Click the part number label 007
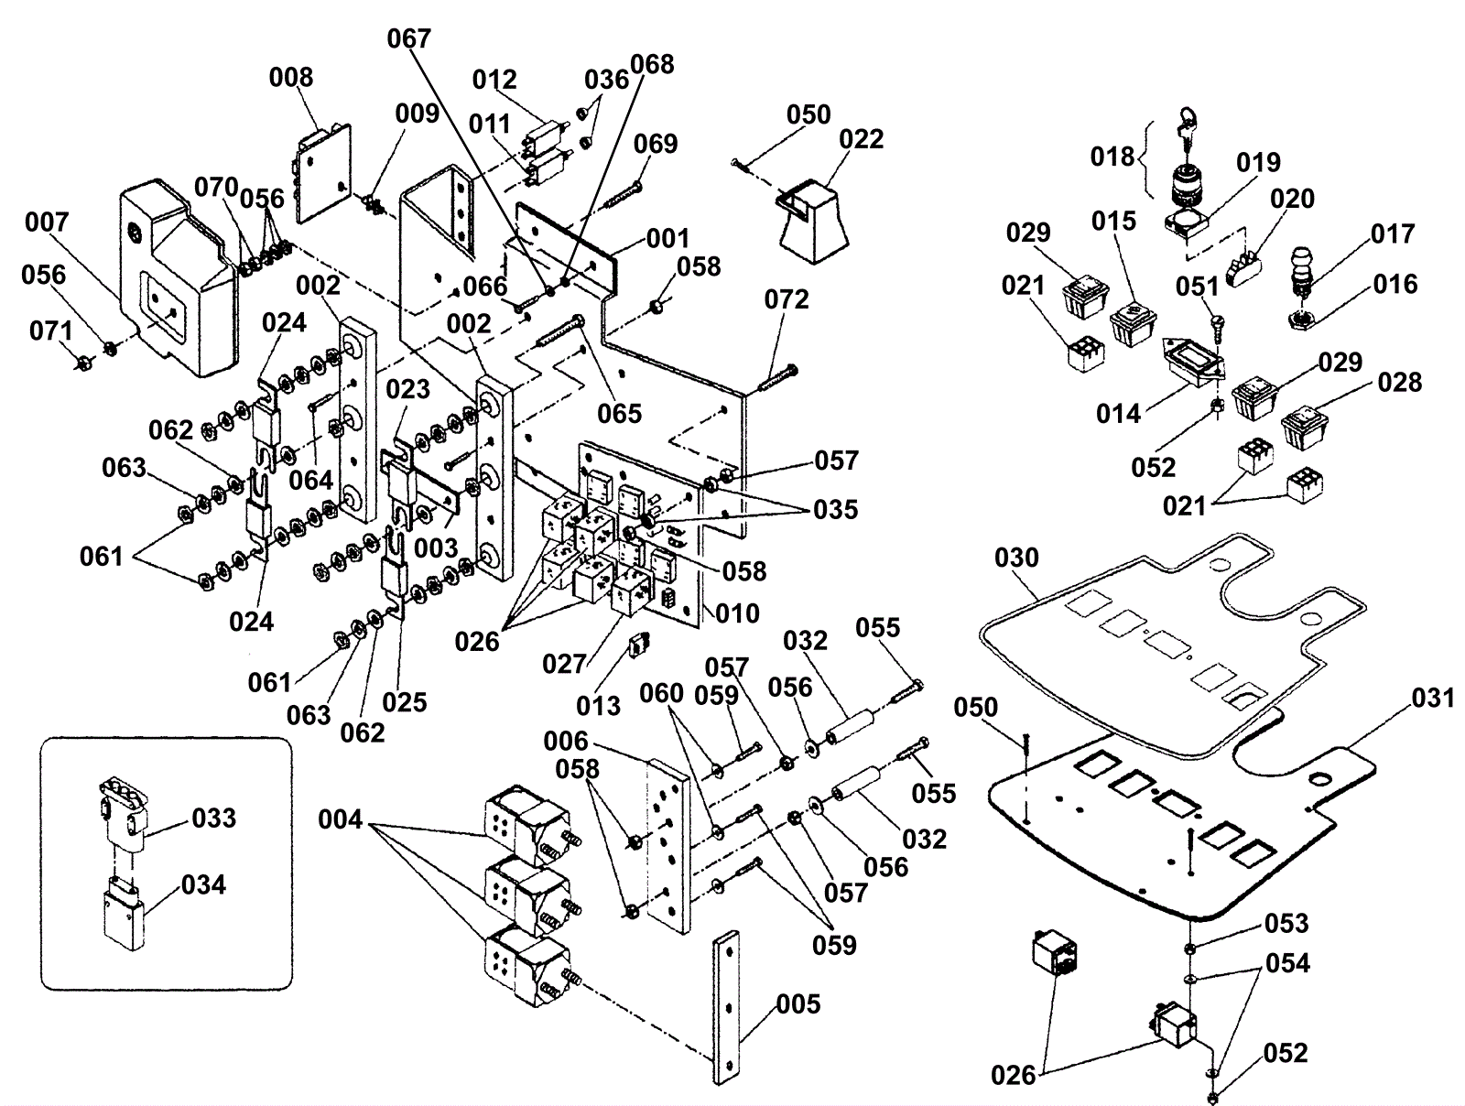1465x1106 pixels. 47,222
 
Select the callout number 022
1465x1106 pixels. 862,139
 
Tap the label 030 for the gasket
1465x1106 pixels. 1016,558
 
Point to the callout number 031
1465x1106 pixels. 1433,699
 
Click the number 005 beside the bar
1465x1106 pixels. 798,1004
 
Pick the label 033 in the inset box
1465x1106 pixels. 214,818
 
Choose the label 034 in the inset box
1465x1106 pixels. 203,885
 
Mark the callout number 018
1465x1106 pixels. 1112,157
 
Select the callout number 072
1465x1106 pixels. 787,300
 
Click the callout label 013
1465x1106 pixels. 598,706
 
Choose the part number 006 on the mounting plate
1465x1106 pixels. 567,741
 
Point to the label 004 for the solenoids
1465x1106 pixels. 341,819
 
